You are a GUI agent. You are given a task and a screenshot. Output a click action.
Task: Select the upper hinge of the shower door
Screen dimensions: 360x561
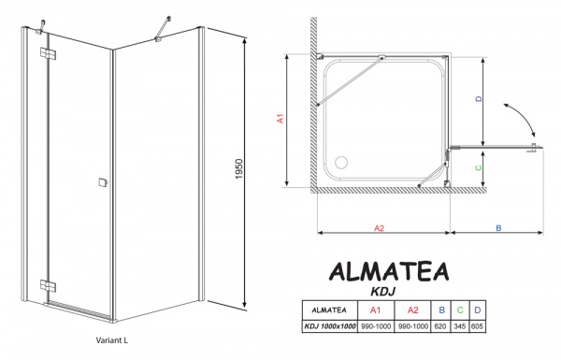(x=46, y=52)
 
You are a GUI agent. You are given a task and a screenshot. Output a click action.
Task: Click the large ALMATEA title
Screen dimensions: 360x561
(x=388, y=270)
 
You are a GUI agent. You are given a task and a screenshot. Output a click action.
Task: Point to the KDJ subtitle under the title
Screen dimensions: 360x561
(x=388, y=291)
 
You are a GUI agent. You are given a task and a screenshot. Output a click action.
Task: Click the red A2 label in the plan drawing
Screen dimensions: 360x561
(x=380, y=227)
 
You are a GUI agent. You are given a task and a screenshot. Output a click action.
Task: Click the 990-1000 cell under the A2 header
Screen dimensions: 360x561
(x=406, y=325)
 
